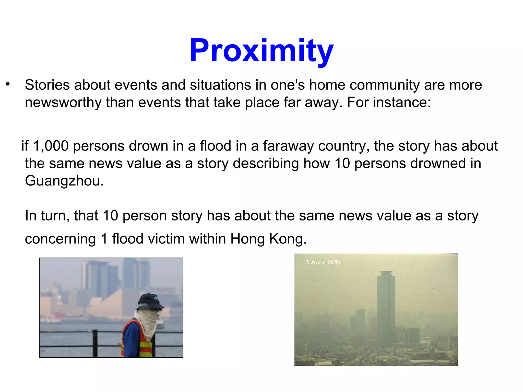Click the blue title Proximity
tap(261, 50)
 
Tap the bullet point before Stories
tap(8, 84)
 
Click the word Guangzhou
tap(64, 181)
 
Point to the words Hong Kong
tap(268, 239)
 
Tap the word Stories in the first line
tap(47, 85)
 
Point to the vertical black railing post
tap(95, 343)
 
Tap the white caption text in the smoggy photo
tap(322, 262)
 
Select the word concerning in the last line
tap(60, 239)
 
